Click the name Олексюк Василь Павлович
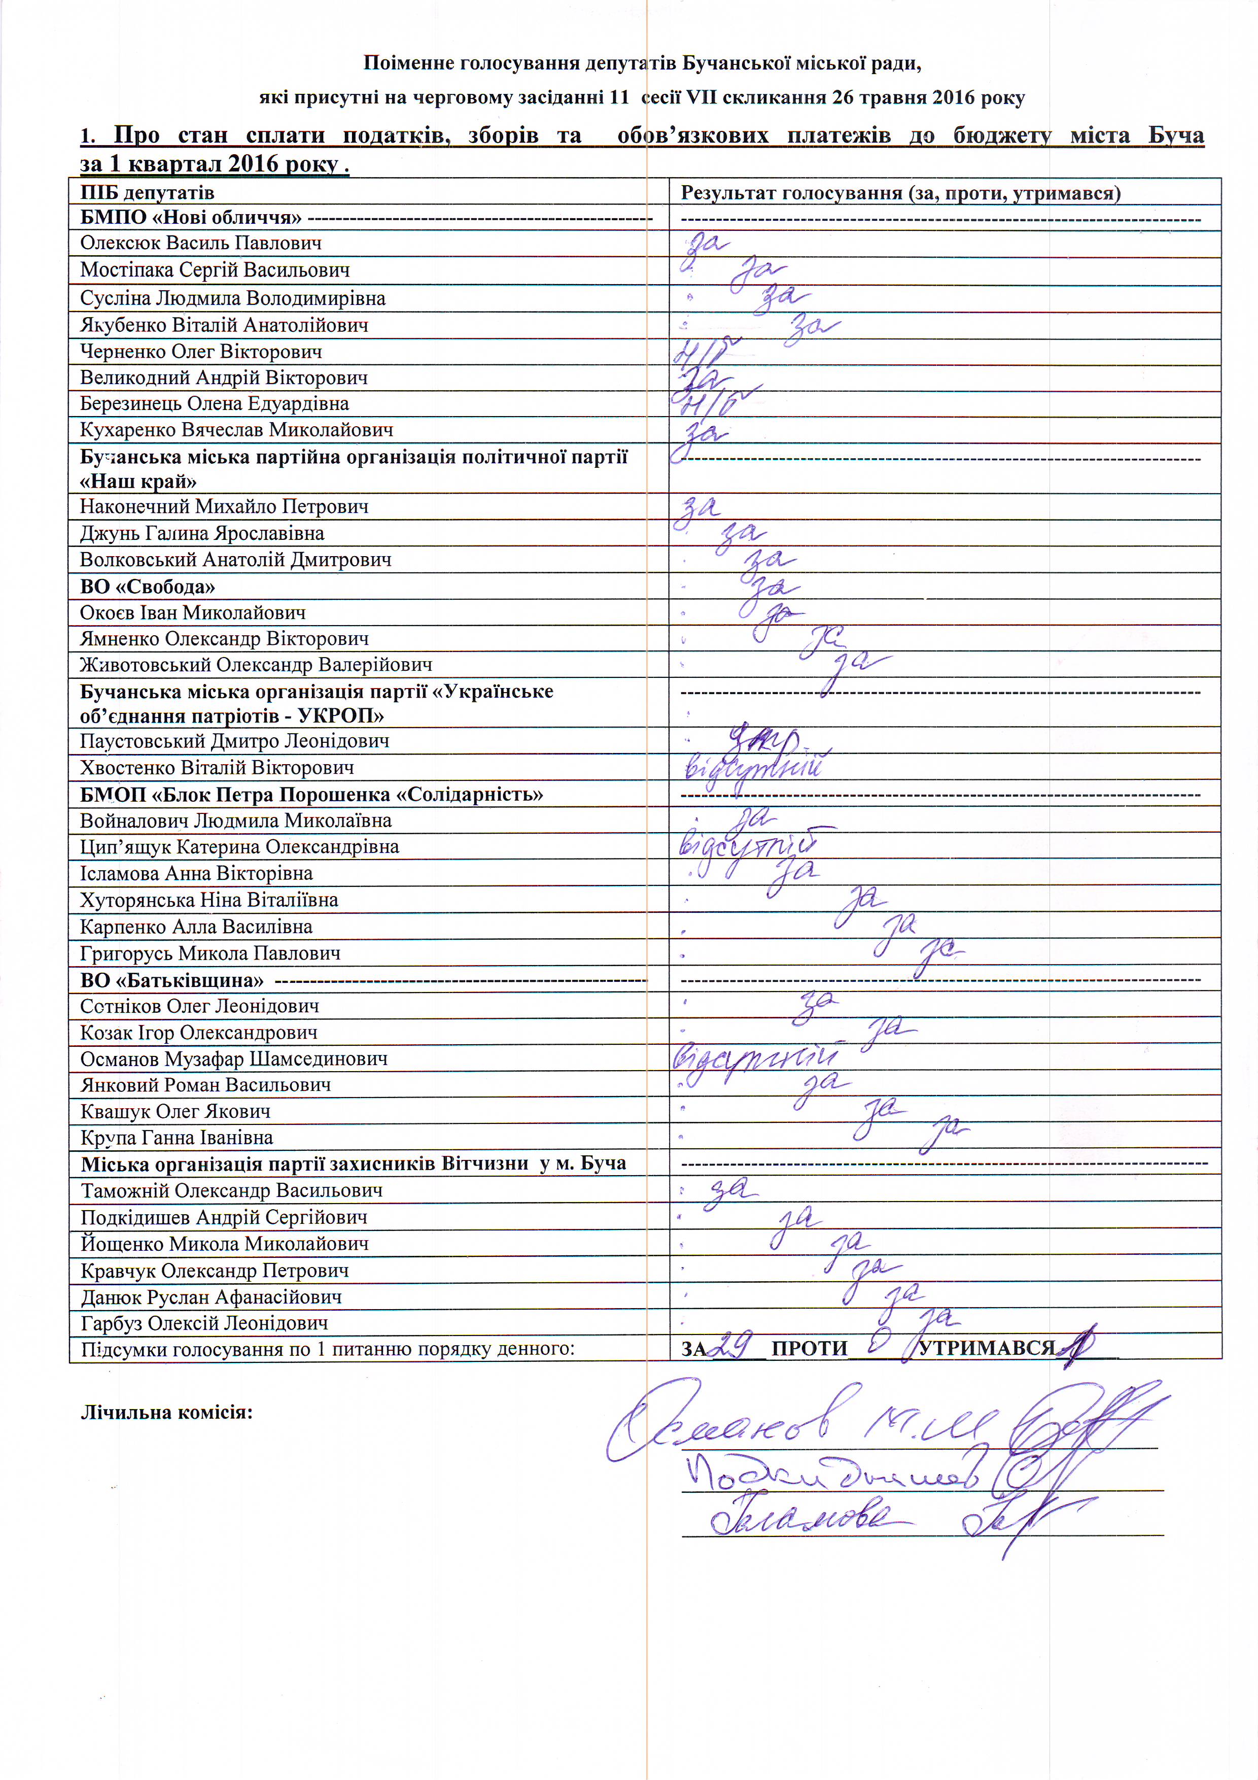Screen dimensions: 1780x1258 coord(201,244)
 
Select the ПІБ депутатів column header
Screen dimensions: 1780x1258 coord(147,192)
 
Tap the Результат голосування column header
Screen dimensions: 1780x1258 coord(900,193)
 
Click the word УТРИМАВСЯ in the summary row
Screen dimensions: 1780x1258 coord(986,1348)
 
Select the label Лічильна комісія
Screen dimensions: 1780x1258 coord(167,1412)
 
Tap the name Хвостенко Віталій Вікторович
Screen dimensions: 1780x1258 coord(217,768)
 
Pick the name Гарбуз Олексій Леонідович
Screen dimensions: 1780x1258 coord(204,1323)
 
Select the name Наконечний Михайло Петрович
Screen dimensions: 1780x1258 coord(224,507)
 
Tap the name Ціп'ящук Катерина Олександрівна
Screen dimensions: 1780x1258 coord(239,846)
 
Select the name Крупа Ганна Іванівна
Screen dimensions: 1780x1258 coord(177,1137)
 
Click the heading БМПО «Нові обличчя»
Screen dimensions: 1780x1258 coord(191,218)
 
